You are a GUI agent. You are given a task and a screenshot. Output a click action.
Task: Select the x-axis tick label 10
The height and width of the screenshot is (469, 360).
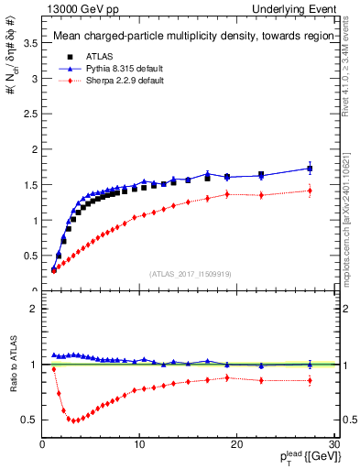pos(139,444)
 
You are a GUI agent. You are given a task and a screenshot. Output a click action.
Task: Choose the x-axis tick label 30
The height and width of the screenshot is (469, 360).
pos(334,444)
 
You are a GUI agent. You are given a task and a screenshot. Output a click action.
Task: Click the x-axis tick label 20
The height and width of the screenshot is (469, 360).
pos(237,444)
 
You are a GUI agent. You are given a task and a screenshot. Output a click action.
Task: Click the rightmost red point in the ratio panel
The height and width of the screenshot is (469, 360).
pos(310,380)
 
